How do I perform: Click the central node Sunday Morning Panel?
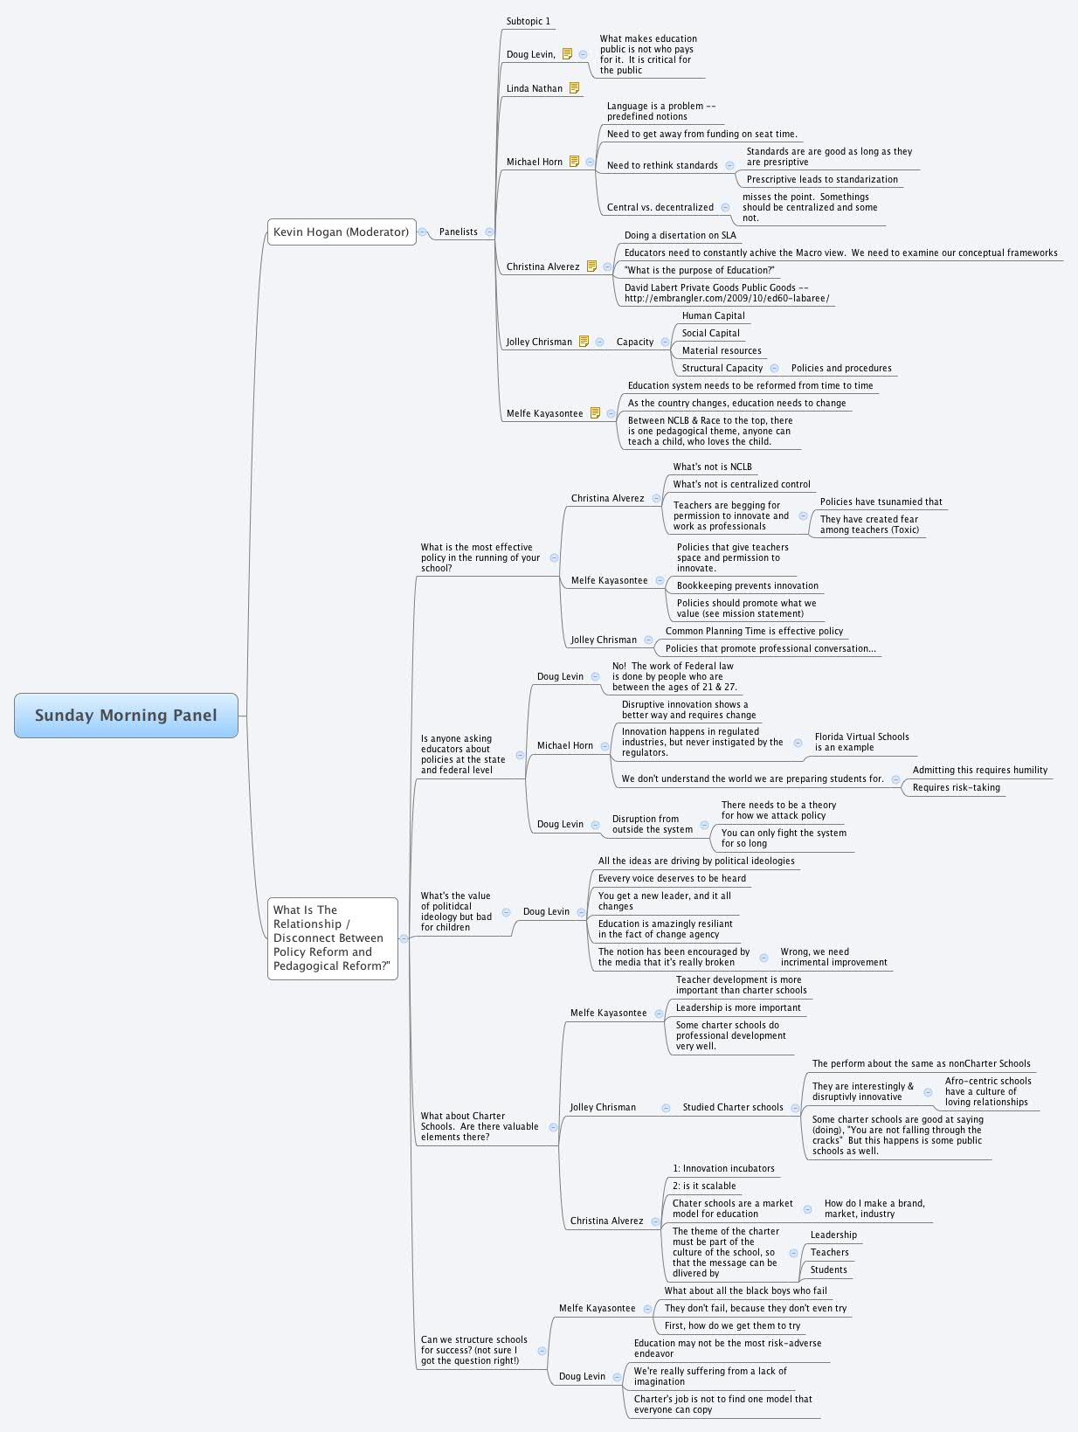click(x=126, y=715)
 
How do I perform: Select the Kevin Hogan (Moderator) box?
click(x=341, y=232)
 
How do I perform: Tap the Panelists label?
click(x=458, y=232)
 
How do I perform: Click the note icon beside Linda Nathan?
click(x=574, y=88)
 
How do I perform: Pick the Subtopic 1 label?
click(x=528, y=21)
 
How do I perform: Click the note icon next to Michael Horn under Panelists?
click(x=574, y=162)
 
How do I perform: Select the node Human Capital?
click(x=713, y=315)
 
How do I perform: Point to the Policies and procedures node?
click(x=840, y=368)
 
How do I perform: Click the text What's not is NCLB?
click(x=712, y=467)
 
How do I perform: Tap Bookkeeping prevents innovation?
click(x=747, y=585)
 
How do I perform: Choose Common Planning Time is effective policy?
click(x=754, y=631)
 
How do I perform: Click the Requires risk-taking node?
click(x=956, y=787)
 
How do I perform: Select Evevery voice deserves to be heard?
click(x=671, y=878)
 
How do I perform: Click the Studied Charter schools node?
click(x=732, y=1107)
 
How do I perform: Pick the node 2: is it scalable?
click(x=703, y=1186)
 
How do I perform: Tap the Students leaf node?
click(x=828, y=1269)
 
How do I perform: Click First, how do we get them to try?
click(x=731, y=1325)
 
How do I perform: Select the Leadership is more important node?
click(x=737, y=1007)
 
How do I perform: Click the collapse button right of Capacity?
click(x=666, y=342)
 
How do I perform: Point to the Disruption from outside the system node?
click(x=651, y=824)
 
